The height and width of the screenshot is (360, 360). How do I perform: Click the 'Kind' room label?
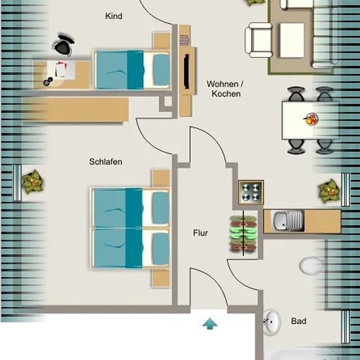[114, 16]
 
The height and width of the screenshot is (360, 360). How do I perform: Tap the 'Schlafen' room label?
[105, 162]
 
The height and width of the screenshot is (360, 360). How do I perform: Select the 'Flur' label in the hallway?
[200, 233]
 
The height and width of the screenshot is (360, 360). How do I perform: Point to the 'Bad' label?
[298, 321]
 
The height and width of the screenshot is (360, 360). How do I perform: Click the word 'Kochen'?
[226, 94]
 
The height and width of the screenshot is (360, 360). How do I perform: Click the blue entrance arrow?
[210, 323]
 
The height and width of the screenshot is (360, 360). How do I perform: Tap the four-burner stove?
[251, 192]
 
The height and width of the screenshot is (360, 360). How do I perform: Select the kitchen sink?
[289, 221]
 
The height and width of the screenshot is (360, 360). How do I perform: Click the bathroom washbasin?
[272, 321]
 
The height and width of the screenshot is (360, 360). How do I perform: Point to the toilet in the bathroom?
[312, 266]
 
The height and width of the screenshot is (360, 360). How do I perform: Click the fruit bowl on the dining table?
[311, 119]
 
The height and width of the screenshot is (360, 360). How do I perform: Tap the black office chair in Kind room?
[63, 45]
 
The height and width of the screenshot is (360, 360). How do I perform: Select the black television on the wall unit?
[187, 71]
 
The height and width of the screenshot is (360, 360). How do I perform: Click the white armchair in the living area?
[259, 40]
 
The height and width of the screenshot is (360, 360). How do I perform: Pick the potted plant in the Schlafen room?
[33, 181]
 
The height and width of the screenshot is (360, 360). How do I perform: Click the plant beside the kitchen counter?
[329, 191]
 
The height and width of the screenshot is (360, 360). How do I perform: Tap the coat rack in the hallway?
[243, 233]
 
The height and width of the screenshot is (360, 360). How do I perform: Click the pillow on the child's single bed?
[162, 69]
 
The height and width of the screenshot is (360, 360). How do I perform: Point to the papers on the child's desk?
[61, 69]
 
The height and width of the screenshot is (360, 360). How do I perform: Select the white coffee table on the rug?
[292, 40]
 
